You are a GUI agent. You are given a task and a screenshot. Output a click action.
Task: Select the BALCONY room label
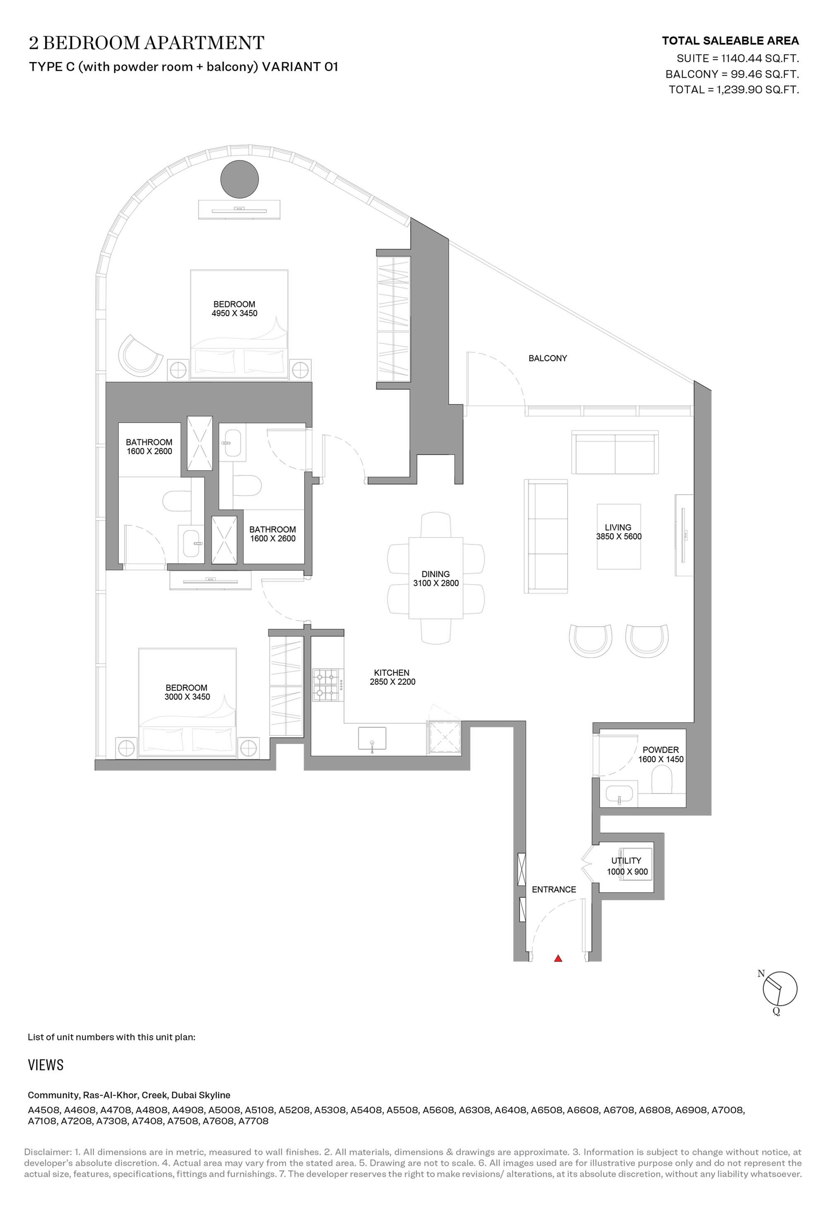click(547, 358)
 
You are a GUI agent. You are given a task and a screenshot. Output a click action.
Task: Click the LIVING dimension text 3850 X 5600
click(619, 536)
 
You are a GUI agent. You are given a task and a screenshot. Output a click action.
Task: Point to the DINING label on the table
click(436, 574)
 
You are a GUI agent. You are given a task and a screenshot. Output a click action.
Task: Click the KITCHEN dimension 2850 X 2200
click(392, 682)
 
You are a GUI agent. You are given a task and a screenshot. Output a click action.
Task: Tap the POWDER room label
click(661, 750)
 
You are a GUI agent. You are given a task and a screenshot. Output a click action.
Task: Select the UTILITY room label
click(626, 861)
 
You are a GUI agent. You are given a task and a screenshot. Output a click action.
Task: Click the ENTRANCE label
click(554, 889)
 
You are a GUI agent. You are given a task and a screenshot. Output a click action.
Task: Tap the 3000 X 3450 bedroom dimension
click(187, 697)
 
